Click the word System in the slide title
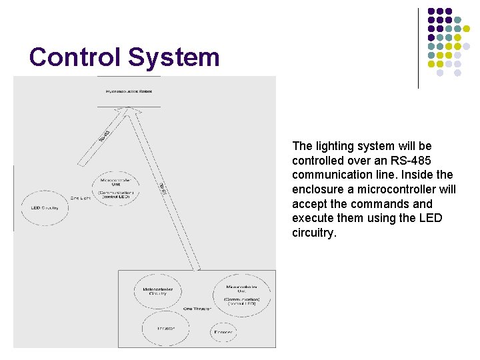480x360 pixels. click(173, 57)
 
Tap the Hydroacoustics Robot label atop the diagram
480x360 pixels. click(129, 91)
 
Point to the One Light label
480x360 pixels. click(80, 198)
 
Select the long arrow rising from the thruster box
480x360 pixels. click(163, 190)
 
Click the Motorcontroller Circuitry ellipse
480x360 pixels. click(158, 291)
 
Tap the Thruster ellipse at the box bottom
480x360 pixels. click(165, 329)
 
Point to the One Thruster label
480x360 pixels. click(197, 309)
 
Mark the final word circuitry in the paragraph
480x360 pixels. click(315, 233)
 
